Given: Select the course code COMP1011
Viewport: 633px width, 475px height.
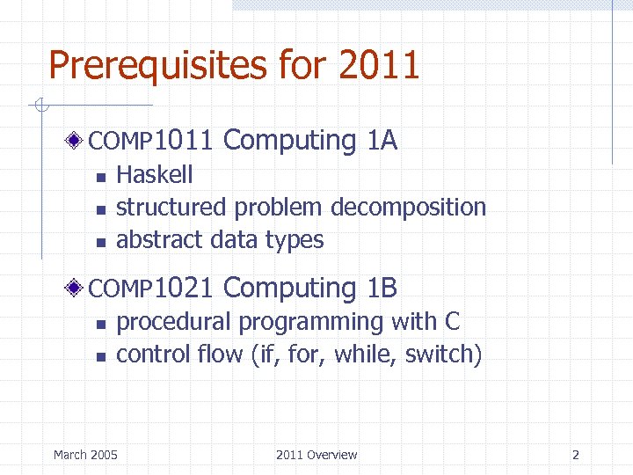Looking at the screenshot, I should point(150,141).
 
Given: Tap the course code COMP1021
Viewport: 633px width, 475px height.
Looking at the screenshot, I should point(150,289).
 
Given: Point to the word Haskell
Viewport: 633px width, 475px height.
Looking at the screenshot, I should point(155,174).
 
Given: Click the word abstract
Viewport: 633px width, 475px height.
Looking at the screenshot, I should point(156,239).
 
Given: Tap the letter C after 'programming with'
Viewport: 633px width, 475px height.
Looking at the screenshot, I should point(452,322).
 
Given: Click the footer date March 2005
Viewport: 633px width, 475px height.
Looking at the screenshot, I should point(85,455).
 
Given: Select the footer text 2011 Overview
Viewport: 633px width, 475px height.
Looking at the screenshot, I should point(316,455).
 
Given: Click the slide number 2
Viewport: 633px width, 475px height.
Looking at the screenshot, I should point(576,455).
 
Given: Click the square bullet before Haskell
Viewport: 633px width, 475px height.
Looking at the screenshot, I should point(100,177).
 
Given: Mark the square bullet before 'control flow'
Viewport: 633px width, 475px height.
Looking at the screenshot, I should point(100,357).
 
